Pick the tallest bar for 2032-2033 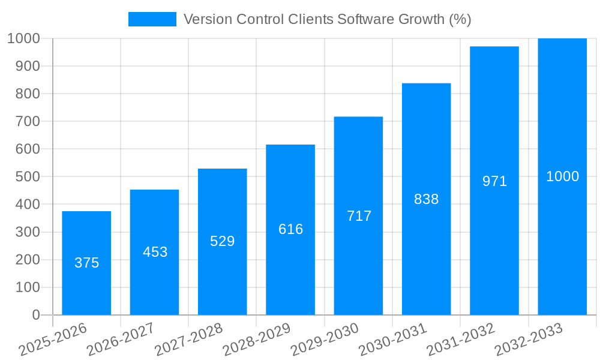(562, 240)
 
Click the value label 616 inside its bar (290, 229)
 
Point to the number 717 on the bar (359, 216)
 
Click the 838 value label (427, 199)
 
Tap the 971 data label (494, 181)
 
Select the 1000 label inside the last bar (562, 176)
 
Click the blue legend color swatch (152, 19)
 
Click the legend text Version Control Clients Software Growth (327, 19)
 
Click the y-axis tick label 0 (35, 315)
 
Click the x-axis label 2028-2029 (257, 340)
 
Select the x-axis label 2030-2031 (393, 340)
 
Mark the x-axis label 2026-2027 (121, 340)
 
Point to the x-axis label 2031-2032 (461, 340)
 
